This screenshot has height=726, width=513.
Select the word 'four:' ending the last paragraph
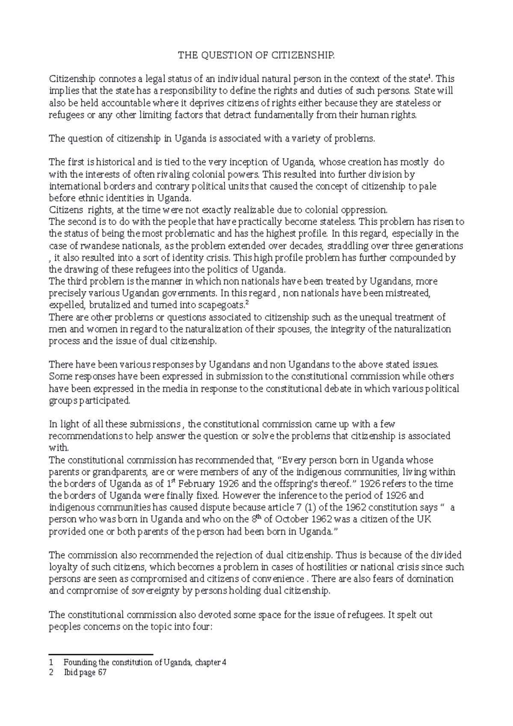(202, 627)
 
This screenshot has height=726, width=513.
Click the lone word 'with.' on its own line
(59, 448)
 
